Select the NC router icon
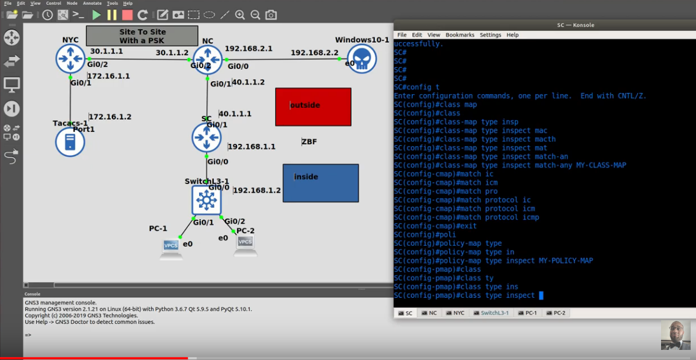207,59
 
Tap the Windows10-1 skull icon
362,59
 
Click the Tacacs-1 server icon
70,142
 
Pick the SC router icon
206,137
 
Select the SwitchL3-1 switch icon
206,200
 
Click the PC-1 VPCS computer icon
171,249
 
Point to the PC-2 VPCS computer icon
246,246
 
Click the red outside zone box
313,107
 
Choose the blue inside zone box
320,183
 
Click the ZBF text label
309,142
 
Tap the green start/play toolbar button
97,15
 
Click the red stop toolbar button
127,15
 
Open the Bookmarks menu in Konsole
460,34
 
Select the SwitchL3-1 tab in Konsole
491,313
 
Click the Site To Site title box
142,36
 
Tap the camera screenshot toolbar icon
271,15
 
